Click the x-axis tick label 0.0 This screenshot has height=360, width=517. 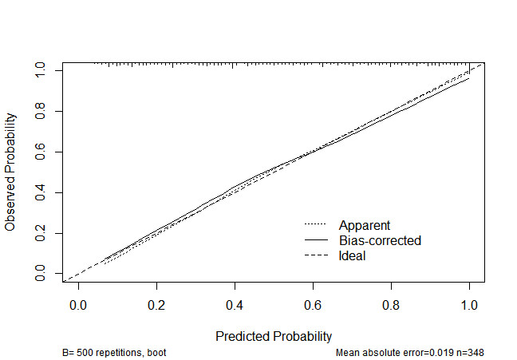coord(78,305)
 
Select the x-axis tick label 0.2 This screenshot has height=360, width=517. coord(156,305)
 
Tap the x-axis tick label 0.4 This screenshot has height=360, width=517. coord(235,305)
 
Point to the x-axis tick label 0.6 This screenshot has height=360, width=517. coord(313,305)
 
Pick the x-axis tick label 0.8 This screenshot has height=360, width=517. coord(391,305)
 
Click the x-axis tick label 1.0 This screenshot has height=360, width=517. coord(469,305)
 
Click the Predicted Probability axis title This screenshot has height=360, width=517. coord(274,336)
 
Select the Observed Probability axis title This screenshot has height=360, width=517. coord(10,172)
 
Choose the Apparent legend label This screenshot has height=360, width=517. coord(365,225)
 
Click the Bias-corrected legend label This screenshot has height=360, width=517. coord(380,240)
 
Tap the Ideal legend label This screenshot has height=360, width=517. coord(353,255)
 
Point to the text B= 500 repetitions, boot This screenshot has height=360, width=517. coord(114,352)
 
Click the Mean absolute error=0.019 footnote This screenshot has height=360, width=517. coord(410,352)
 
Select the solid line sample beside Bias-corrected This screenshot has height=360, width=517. coord(316,240)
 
